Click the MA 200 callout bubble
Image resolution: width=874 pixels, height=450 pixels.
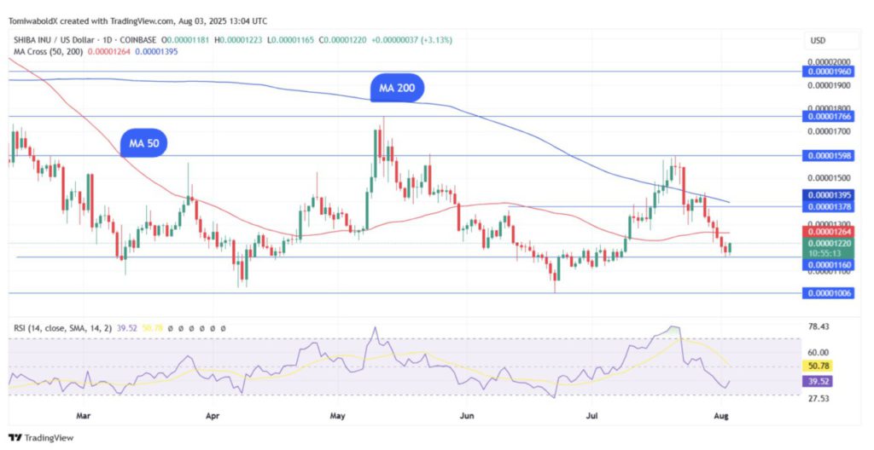[397, 88]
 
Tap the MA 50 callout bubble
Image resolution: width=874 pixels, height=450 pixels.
[143, 144]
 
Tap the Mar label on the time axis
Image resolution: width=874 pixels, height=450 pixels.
[83, 417]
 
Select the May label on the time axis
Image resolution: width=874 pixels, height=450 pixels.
[337, 417]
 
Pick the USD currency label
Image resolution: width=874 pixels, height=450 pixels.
[817, 41]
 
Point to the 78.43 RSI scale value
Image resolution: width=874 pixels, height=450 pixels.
[818, 326]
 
